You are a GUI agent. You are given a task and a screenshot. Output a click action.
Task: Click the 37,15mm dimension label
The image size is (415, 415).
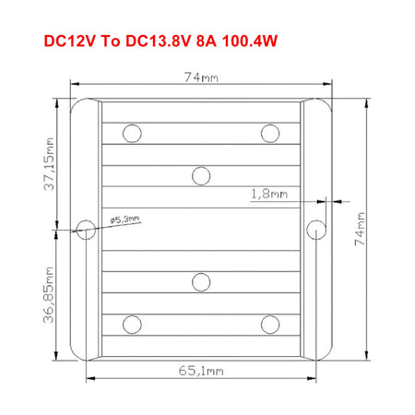[x=49, y=164]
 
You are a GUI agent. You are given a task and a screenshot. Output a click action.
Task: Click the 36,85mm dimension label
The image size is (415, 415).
[x=49, y=295]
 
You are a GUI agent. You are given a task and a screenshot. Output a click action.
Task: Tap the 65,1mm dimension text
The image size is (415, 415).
[x=201, y=371]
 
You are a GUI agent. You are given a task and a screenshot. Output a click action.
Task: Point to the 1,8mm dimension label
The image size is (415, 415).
[x=269, y=194]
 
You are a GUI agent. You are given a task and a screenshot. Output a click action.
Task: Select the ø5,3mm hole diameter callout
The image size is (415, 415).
[x=125, y=219]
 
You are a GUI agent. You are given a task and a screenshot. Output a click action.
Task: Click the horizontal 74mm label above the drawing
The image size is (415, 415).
[x=201, y=77]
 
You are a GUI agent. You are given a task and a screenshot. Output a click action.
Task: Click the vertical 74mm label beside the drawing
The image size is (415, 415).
[x=360, y=229]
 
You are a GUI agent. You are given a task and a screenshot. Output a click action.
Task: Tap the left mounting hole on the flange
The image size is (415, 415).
[x=86, y=230]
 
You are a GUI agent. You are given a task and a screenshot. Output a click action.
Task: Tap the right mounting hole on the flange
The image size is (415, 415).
[x=316, y=230]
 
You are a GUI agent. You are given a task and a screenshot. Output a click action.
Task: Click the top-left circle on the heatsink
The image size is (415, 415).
[x=132, y=134]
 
